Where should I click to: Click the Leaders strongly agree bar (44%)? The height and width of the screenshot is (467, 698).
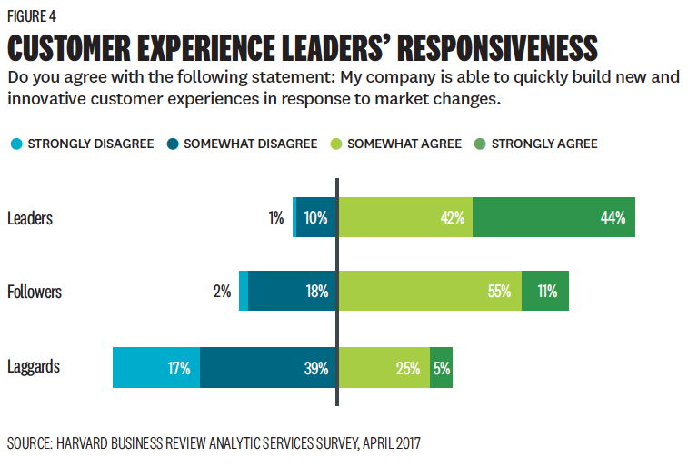(553, 218)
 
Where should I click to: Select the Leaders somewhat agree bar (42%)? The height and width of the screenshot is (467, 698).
(404, 218)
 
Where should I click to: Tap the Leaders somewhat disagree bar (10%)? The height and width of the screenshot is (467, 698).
(316, 218)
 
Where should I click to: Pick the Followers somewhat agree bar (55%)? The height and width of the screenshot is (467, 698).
(429, 292)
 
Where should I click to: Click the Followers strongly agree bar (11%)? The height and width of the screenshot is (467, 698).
(545, 292)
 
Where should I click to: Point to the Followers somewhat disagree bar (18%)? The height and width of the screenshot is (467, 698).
(292, 292)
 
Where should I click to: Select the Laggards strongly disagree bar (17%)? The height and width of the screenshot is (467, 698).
(156, 368)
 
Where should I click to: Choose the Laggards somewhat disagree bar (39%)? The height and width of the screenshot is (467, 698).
(268, 368)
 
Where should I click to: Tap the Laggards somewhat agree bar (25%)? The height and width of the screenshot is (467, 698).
(383, 368)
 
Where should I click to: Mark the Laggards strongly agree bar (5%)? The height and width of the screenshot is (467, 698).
(441, 368)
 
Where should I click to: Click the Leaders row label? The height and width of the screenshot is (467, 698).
(29, 218)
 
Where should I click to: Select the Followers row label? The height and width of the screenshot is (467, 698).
(35, 292)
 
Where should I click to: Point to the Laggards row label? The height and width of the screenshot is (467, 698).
(34, 367)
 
